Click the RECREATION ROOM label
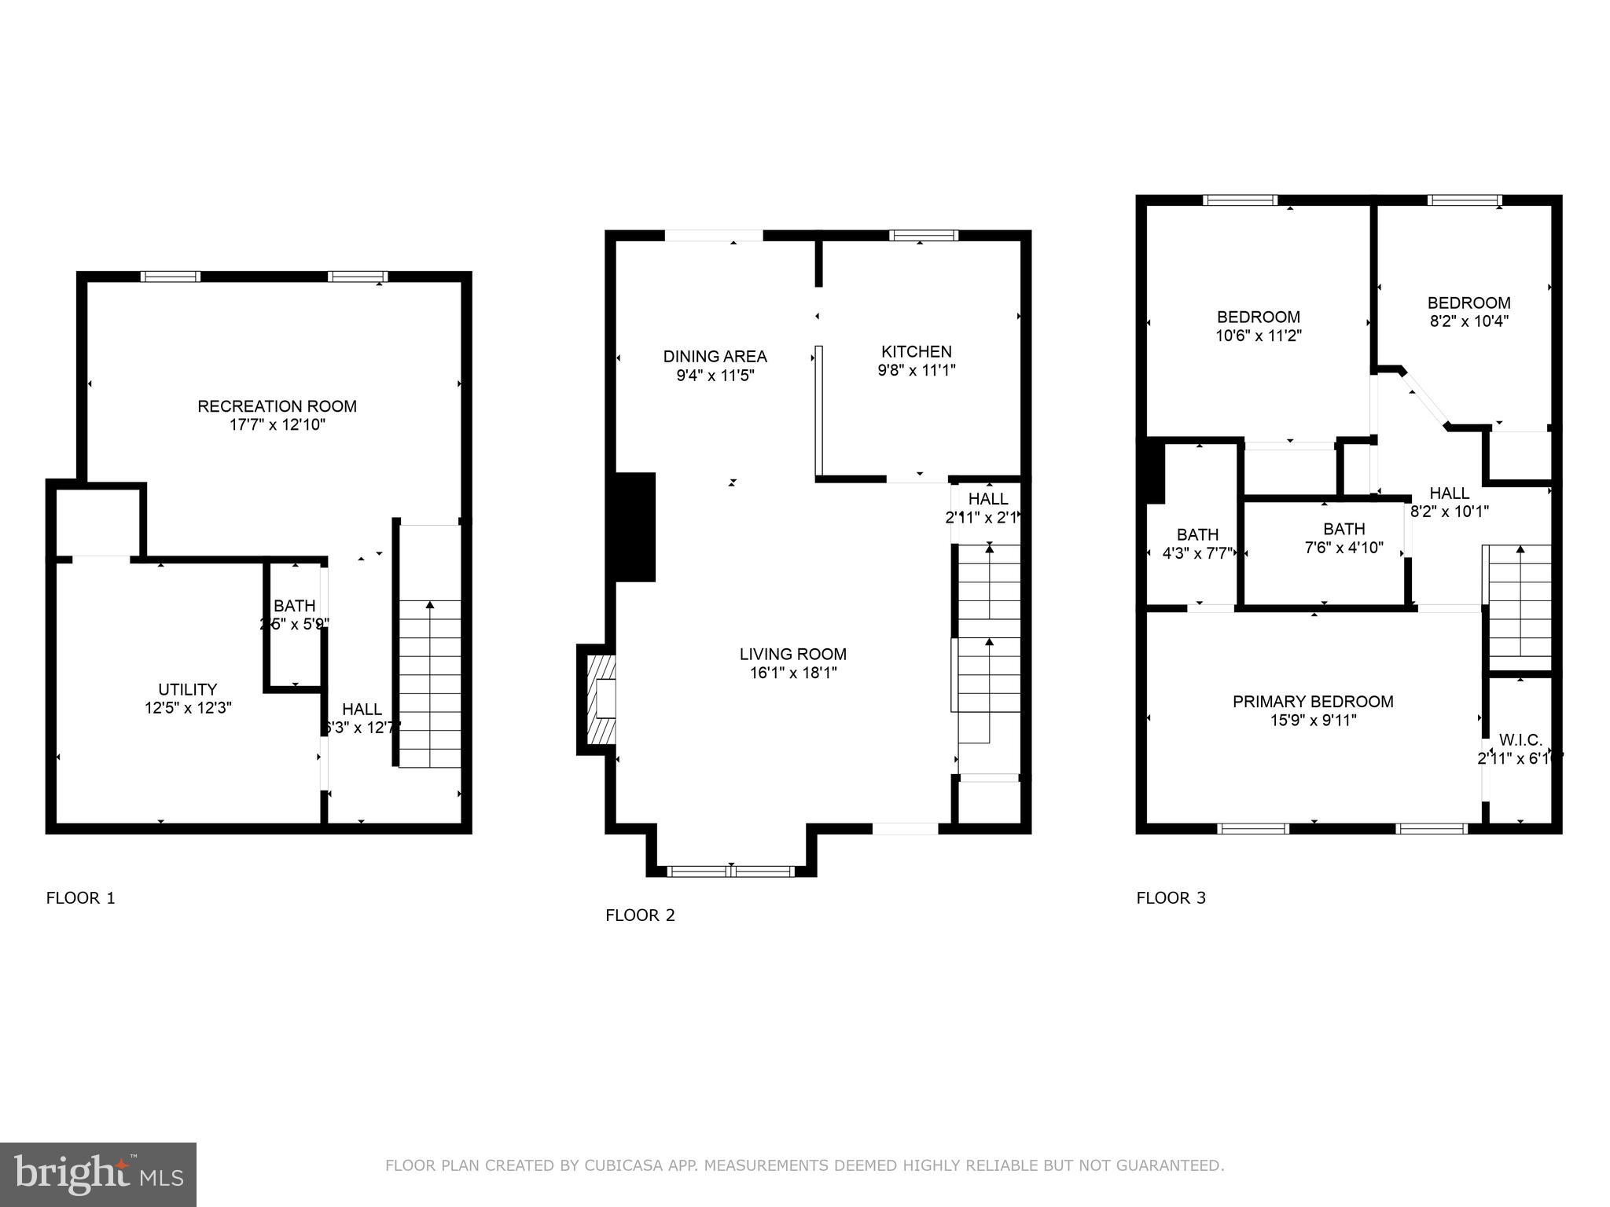[x=277, y=406]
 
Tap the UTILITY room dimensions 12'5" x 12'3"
[x=188, y=708]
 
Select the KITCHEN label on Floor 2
[x=916, y=351]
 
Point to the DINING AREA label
[x=715, y=356]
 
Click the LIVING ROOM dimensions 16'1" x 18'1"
[x=792, y=673]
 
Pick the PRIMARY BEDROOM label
[x=1312, y=702]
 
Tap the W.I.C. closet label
[x=1520, y=740]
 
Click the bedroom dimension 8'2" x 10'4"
[x=1468, y=321]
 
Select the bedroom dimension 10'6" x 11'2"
[x=1258, y=336]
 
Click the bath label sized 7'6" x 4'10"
[x=1344, y=529]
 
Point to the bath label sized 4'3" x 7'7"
[x=1197, y=535]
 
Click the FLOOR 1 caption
[x=81, y=898]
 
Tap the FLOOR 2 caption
[x=640, y=915]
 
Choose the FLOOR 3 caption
[x=1171, y=898]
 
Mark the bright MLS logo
[x=98, y=1175]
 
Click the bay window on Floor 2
[x=731, y=871]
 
